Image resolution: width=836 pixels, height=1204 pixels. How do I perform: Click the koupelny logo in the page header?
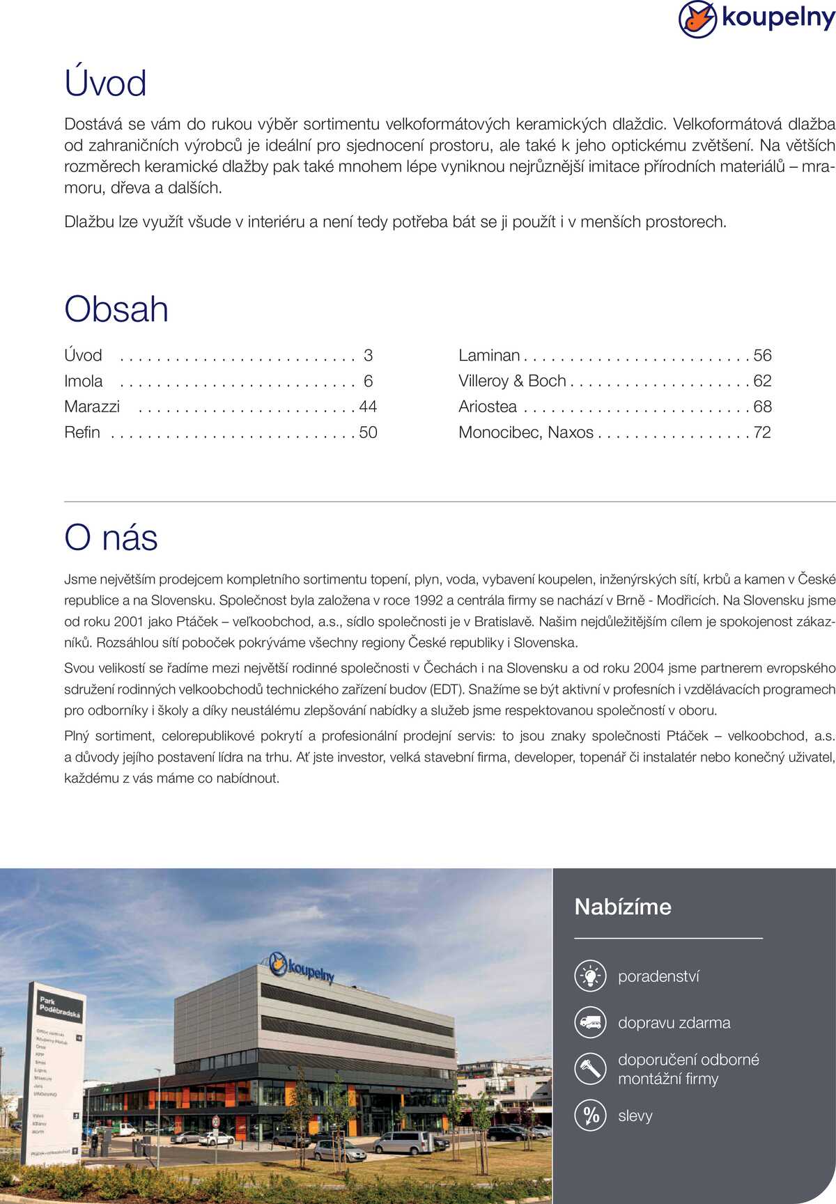pyautogui.click(x=757, y=19)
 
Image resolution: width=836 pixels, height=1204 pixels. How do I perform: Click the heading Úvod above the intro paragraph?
pyautogui.click(x=105, y=84)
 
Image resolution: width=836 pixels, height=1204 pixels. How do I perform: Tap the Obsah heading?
pyautogui.click(x=116, y=309)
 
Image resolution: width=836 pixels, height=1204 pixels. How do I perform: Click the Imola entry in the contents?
pyautogui.click(x=84, y=381)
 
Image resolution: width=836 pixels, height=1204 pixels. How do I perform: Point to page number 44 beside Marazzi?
pyautogui.click(x=368, y=407)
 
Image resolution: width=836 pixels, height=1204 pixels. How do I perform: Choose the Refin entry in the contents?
pyautogui.click(x=82, y=432)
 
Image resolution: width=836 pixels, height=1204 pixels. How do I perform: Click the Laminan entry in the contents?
pyautogui.click(x=489, y=355)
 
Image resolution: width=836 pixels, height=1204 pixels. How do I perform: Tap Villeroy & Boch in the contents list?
pyautogui.click(x=512, y=381)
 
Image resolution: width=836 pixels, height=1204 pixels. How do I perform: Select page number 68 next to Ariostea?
pyautogui.click(x=762, y=407)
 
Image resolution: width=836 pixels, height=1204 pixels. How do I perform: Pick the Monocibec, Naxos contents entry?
pyautogui.click(x=526, y=432)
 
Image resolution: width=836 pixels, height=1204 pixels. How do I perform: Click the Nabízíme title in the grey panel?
pyautogui.click(x=623, y=907)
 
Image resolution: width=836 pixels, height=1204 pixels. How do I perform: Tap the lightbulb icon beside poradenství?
pyautogui.click(x=591, y=976)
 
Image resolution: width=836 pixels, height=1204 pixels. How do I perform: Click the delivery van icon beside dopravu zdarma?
pyautogui.click(x=591, y=1022)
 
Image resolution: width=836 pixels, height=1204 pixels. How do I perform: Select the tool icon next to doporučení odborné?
pyautogui.click(x=591, y=1069)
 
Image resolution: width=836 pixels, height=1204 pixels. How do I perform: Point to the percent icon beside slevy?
pyautogui.click(x=591, y=1116)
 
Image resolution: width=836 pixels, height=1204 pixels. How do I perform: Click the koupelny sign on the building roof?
pyautogui.click(x=303, y=967)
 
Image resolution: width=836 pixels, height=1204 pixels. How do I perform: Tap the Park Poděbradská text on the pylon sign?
pyautogui.click(x=59, y=1006)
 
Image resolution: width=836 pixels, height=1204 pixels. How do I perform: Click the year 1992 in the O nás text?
pyautogui.click(x=428, y=600)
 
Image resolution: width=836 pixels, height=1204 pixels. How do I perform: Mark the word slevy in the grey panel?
pyautogui.click(x=635, y=1116)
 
